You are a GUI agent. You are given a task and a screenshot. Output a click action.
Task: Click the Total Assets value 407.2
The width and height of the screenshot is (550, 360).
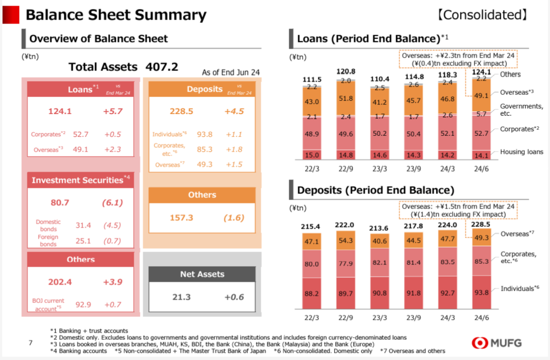pos(162,67)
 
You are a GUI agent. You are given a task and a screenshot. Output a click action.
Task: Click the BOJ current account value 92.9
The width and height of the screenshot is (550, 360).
pos(83,305)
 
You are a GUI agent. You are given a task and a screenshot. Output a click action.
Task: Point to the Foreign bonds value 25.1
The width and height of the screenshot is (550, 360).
pos(83,241)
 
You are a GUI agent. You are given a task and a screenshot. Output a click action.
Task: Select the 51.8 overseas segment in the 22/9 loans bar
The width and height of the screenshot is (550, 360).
pos(346,98)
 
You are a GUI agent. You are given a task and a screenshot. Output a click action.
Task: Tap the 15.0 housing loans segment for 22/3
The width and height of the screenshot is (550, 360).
pos(312,155)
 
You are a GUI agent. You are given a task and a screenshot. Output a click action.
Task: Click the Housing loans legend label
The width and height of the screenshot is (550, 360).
pos(521,152)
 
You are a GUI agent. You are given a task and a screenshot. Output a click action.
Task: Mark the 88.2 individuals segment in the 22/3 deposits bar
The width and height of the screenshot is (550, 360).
pos(312,292)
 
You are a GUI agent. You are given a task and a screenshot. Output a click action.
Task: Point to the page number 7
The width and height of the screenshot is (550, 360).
pos(31,342)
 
